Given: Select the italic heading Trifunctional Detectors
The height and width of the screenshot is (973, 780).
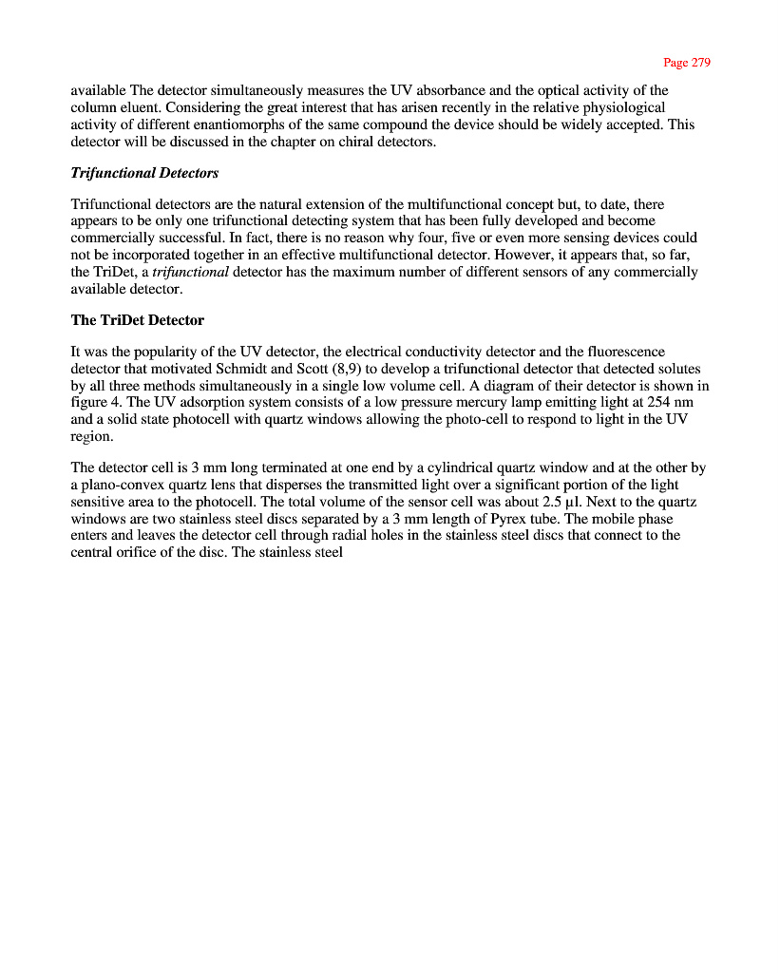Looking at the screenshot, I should click(144, 173).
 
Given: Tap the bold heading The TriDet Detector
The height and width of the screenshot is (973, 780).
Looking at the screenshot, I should click(138, 320).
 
